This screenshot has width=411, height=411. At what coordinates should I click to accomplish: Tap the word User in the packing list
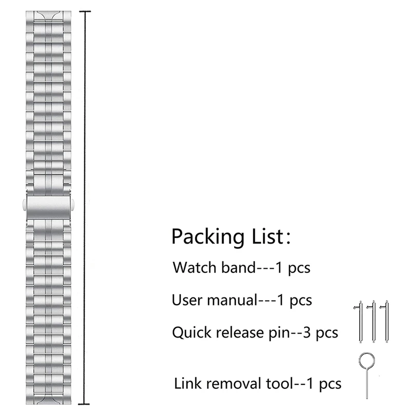click(x=185, y=300)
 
